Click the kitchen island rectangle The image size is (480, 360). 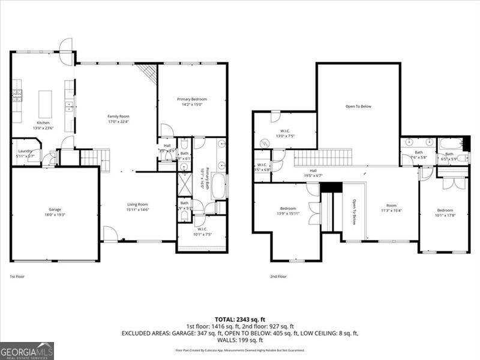point(45,104)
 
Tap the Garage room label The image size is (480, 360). point(55,209)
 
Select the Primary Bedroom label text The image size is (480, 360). point(192,98)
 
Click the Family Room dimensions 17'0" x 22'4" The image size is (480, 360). point(118,122)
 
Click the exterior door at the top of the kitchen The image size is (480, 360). point(66,46)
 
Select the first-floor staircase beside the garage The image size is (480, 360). point(91,158)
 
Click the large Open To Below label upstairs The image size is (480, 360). point(358,106)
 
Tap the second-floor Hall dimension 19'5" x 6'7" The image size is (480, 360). point(313,176)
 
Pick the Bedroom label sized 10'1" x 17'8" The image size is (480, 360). point(445,211)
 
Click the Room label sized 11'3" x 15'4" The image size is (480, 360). point(391,206)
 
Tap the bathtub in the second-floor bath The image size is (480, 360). point(451,143)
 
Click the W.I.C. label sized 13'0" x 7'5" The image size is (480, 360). point(284,131)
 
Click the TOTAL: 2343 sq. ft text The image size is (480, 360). point(239,319)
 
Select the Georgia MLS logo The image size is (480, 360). point(27,350)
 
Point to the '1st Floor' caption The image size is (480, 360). point(17,277)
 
